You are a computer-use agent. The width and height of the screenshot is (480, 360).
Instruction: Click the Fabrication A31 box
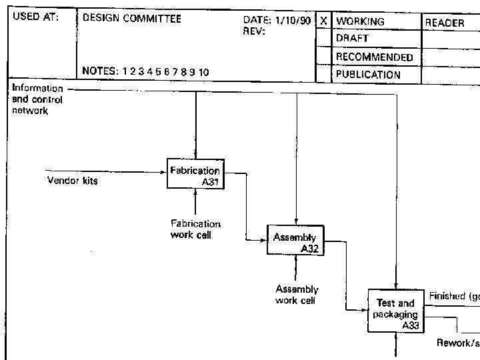tap(194, 175)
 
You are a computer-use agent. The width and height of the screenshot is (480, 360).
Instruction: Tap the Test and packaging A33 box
tap(395, 311)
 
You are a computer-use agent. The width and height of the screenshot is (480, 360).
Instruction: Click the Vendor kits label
tap(72, 180)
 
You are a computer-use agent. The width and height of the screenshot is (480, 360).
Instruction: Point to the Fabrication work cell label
tap(195, 229)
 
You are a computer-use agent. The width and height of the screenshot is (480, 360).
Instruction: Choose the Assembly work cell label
tap(297, 295)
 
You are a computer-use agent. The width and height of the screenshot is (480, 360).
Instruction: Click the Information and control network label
tap(37, 99)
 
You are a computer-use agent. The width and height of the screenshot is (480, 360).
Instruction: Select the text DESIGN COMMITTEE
tap(131, 19)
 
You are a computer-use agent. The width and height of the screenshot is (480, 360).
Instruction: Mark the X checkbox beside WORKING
tap(323, 21)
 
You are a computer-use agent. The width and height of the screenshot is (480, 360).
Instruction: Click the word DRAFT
tap(352, 39)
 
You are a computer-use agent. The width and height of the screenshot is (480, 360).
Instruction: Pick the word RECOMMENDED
tap(374, 57)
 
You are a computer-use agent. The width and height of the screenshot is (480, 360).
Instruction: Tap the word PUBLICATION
tap(368, 75)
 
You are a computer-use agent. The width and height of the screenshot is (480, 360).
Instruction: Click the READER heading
tap(445, 23)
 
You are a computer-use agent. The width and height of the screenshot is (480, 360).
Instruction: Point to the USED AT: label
tap(36, 18)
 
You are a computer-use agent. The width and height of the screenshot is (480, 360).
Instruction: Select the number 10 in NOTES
tap(203, 72)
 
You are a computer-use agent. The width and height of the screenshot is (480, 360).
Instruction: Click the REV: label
tap(254, 31)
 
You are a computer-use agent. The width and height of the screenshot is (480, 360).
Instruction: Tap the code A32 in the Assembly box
tap(309, 249)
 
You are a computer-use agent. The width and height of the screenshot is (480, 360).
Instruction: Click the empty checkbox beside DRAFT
tap(323, 39)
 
